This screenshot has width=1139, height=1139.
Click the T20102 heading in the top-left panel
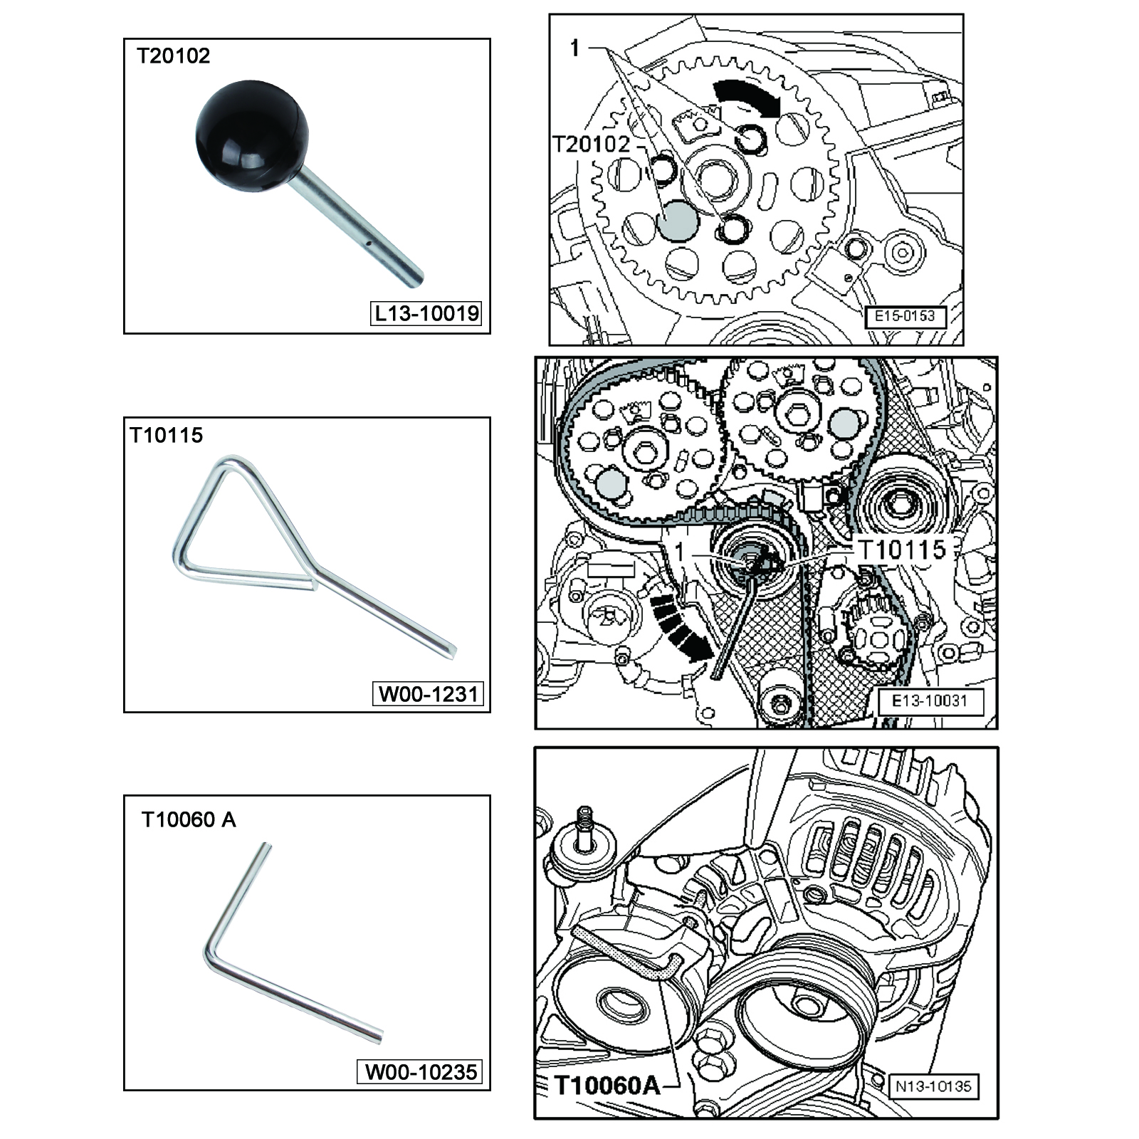click(174, 56)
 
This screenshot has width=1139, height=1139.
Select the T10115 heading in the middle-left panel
click(167, 435)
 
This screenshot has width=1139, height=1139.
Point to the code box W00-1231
click(428, 693)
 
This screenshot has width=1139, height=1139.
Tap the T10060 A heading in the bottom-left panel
click(189, 820)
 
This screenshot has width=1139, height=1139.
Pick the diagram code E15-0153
click(905, 316)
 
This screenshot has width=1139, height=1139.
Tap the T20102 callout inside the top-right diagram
click(592, 145)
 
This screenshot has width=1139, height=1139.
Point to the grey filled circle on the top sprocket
click(678, 221)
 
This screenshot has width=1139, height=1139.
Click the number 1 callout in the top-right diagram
click(575, 48)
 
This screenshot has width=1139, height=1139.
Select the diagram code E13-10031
click(930, 701)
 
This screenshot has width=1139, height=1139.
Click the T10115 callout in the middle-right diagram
click(902, 550)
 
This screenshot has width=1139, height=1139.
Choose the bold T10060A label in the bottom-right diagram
click(607, 1086)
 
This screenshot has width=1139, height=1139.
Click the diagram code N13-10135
click(933, 1086)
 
